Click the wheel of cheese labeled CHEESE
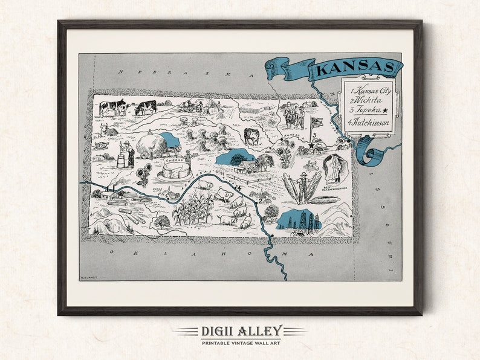click(x=176, y=170)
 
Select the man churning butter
click(x=128, y=153)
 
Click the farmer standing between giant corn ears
click(x=303, y=185)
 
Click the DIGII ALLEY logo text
click(x=239, y=331)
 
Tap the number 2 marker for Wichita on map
click(x=260, y=200)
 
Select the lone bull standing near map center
click(x=251, y=136)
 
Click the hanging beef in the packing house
click(x=334, y=169)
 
